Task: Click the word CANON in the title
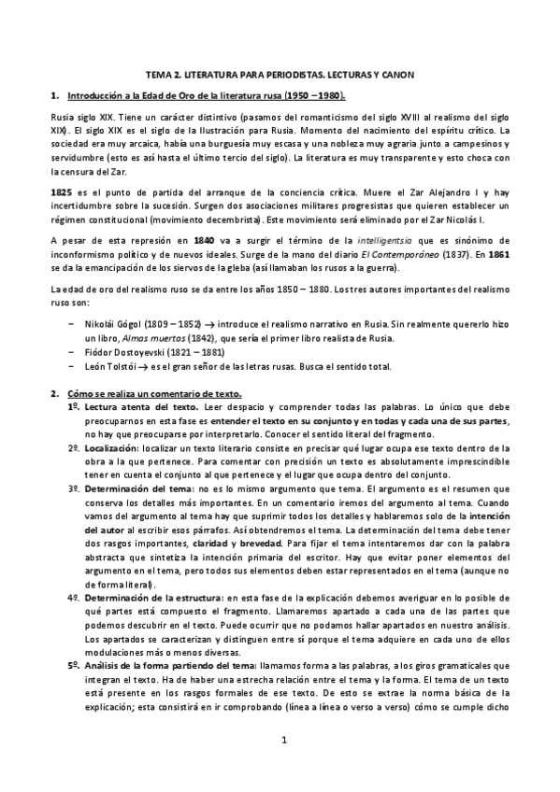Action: pyautogui.click(x=392, y=73)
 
